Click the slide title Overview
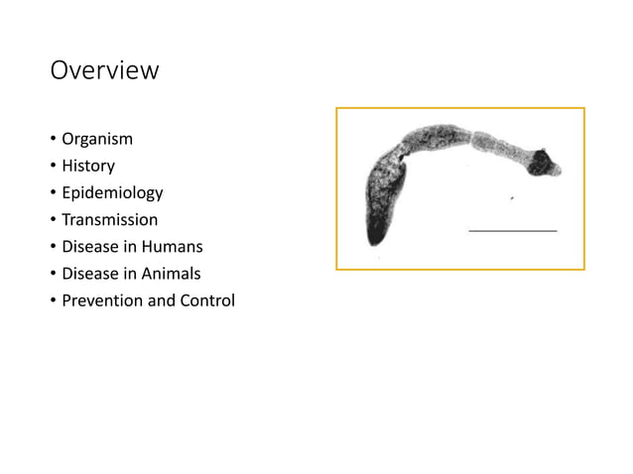[104, 71]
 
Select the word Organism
[97, 139]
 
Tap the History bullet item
[88, 166]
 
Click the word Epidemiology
[112, 192]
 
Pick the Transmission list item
[109, 219]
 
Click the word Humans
[171, 246]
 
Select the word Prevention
[102, 299]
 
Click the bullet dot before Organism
[53, 140]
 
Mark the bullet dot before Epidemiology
[53, 193]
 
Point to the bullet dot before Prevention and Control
[53, 300]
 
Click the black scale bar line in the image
[512, 230]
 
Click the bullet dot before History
[53, 167]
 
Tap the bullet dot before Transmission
[53, 220]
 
